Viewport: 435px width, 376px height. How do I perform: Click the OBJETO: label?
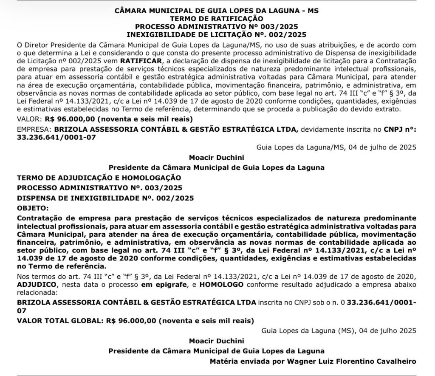coord(32,208)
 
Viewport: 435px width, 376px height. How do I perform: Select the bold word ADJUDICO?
coord(35,284)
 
